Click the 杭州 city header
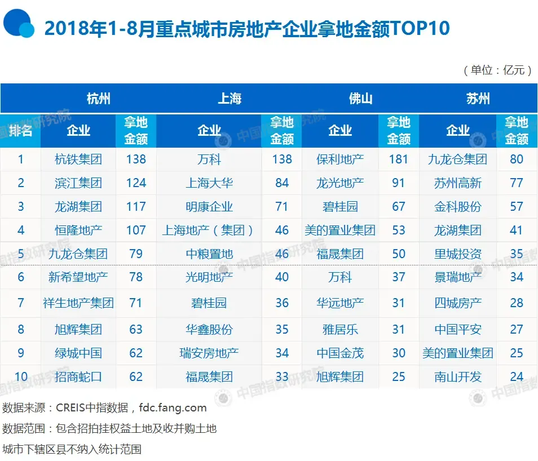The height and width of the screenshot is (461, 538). click(x=98, y=99)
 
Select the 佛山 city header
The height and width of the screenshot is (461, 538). click(x=360, y=99)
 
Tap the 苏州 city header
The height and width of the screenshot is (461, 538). click(x=478, y=99)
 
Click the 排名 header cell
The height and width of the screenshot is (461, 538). click(x=21, y=131)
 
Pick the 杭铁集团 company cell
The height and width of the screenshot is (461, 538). click(x=78, y=159)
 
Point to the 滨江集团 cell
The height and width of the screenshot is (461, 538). click(x=78, y=183)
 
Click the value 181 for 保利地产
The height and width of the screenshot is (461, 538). click(x=398, y=159)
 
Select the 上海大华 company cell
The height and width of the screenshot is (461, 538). click(x=209, y=183)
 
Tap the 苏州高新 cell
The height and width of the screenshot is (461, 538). click(x=458, y=183)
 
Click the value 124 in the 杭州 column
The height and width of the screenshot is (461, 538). click(x=136, y=183)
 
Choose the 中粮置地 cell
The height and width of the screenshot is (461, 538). click(x=209, y=254)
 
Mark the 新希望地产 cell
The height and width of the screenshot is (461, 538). click(x=78, y=277)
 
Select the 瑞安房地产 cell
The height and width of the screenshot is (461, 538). click(x=209, y=353)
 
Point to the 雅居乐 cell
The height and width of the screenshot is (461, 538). click(x=340, y=330)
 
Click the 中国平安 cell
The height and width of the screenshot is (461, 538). click(x=458, y=330)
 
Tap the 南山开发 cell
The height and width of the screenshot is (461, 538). click(x=458, y=377)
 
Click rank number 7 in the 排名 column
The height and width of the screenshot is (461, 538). click(x=21, y=303)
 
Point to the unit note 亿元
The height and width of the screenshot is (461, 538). click(x=514, y=70)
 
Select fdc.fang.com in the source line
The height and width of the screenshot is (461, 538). click(x=173, y=407)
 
